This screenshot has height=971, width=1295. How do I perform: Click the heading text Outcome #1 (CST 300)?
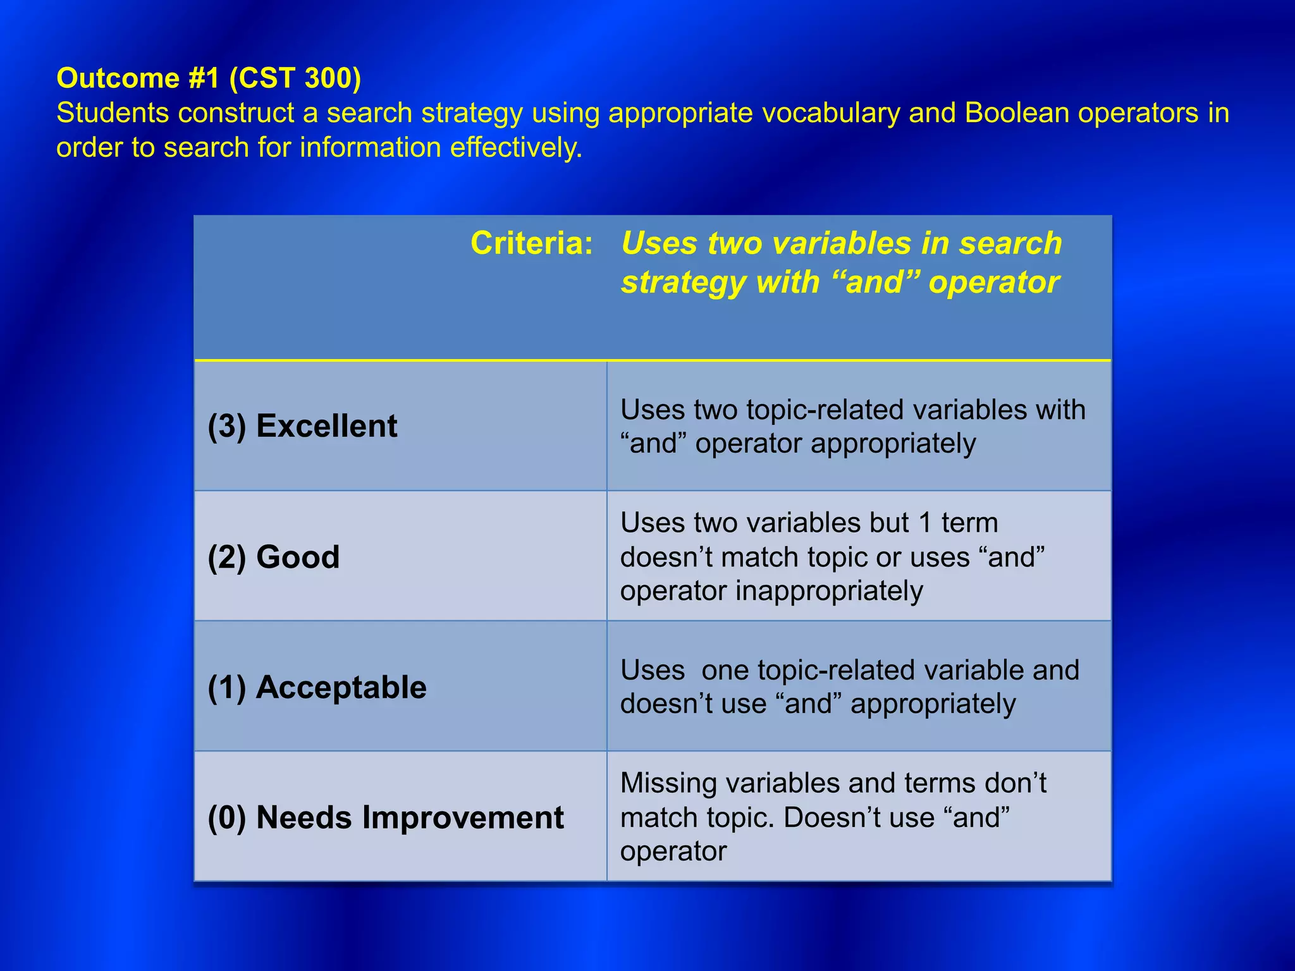click(209, 78)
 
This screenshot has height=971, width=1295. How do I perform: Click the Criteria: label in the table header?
click(532, 243)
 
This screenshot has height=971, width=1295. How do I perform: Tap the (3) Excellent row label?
click(302, 426)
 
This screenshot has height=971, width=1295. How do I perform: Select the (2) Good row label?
click(274, 557)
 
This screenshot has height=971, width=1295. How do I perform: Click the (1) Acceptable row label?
click(317, 687)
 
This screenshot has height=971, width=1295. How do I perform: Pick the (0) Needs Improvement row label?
click(386, 817)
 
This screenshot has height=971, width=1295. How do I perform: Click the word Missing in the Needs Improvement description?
click(668, 783)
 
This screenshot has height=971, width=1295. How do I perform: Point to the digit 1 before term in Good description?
click(925, 523)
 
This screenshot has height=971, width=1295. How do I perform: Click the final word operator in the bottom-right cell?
click(673, 852)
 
